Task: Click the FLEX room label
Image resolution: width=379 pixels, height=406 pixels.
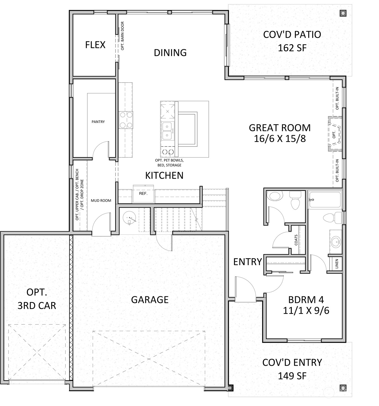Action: coord(95,45)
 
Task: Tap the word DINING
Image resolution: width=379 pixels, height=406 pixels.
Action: coord(170,52)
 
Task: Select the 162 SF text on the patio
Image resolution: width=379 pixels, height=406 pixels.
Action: coord(292,48)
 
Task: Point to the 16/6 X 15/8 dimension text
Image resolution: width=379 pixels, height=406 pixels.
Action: coord(280,139)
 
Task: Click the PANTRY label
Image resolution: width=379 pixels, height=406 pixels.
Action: coord(98,122)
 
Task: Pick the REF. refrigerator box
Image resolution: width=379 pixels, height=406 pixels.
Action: coord(143,194)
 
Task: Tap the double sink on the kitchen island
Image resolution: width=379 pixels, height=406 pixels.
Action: coord(167,131)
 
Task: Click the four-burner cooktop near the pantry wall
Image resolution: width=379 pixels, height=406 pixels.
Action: coord(126,120)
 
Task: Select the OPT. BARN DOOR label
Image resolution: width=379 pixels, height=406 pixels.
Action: coord(123,36)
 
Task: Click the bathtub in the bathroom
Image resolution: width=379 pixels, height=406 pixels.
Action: coord(325,200)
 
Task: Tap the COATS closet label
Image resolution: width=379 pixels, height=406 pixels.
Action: coord(296,240)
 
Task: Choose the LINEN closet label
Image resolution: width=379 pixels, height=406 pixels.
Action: coord(337,264)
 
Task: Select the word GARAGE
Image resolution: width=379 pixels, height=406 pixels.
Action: coord(150,299)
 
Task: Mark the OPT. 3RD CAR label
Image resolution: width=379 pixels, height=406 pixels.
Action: coord(37,299)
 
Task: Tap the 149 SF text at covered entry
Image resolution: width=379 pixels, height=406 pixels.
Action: coord(292,376)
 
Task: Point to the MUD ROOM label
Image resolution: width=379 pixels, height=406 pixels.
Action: coord(101,200)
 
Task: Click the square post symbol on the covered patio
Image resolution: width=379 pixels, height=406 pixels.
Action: coord(343,13)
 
